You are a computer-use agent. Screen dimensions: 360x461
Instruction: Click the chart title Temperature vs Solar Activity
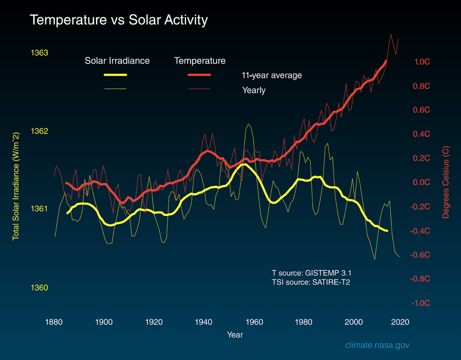(x=119, y=20)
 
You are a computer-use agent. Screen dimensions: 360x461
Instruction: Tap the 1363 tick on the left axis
(x=39, y=53)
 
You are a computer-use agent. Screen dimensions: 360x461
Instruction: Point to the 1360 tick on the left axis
(x=39, y=288)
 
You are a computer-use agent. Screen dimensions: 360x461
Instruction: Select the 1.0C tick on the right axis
(x=422, y=62)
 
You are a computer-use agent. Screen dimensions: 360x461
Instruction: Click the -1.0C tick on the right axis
(x=421, y=303)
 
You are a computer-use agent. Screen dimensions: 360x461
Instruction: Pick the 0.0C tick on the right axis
(x=422, y=183)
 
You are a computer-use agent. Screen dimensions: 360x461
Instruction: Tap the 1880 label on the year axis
(x=54, y=322)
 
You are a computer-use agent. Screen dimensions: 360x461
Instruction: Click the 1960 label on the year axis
(x=255, y=322)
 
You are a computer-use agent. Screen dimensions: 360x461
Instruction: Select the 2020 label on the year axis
(x=400, y=322)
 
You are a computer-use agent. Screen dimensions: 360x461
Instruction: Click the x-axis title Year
(x=235, y=335)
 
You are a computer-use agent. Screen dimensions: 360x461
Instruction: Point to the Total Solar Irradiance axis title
(x=16, y=186)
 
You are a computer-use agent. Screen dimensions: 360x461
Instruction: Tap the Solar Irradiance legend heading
(x=117, y=61)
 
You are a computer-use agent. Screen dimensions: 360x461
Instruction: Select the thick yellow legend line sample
(x=115, y=75)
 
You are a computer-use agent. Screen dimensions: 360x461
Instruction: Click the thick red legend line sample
(x=199, y=75)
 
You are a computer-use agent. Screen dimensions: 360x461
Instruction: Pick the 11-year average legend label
(x=271, y=75)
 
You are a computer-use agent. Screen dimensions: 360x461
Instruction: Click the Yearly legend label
(x=254, y=90)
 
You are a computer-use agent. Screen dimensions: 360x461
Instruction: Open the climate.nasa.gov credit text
(x=377, y=345)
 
